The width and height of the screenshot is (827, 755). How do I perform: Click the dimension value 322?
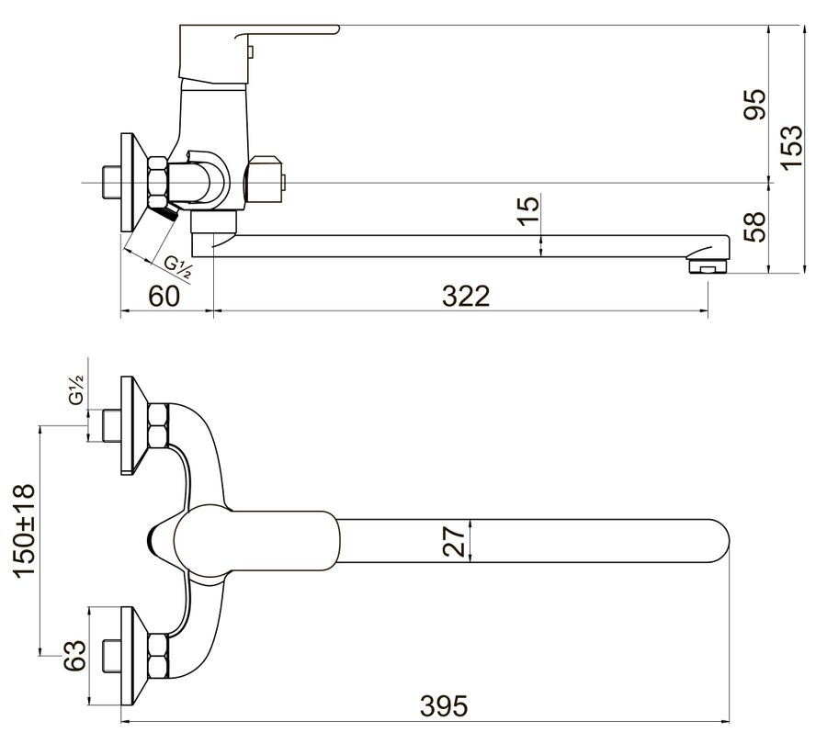coord(466,296)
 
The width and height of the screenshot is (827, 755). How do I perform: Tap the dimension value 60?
coord(164,296)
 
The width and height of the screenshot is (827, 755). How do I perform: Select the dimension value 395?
coord(444,705)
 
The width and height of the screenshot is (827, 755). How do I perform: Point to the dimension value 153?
coord(792,148)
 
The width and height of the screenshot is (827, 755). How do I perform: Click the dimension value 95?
coord(754,105)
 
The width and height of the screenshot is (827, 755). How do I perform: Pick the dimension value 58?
coord(754,227)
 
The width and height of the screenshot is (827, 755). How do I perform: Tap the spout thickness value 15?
coord(529,211)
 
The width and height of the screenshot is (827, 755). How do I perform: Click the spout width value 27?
coord(454,539)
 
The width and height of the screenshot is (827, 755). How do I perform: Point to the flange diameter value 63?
coord(74,656)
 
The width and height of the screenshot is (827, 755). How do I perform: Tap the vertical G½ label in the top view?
coord(75,389)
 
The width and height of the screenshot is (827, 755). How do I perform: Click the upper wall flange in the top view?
coord(133,425)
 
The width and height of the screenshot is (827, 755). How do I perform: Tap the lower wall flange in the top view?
coord(133,656)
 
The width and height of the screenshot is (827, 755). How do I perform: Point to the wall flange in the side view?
coord(133,182)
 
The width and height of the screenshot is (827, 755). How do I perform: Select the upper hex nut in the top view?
coord(158,426)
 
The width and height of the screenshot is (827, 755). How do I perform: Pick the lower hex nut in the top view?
coord(158,656)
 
